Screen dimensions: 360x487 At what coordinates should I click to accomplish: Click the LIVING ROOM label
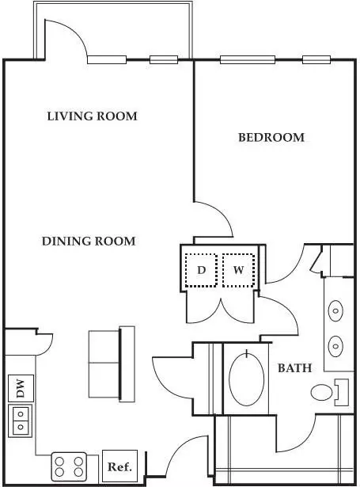(x=92, y=116)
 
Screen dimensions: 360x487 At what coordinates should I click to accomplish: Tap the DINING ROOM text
(x=89, y=242)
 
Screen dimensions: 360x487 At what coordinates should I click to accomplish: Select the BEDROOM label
(x=271, y=137)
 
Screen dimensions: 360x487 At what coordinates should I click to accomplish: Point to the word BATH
(x=294, y=368)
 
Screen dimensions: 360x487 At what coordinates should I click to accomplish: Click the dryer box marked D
(x=201, y=270)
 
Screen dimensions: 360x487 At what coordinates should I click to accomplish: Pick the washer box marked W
(x=238, y=270)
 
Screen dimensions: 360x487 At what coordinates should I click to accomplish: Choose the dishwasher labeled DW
(x=21, y=388)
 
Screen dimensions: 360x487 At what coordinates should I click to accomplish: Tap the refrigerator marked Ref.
(x=119, y=466)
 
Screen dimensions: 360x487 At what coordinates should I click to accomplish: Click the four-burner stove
(x=69, y=467)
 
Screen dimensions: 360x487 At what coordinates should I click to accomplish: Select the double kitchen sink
(x=21, y=420)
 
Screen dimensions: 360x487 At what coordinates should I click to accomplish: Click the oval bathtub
(x=246, y=378)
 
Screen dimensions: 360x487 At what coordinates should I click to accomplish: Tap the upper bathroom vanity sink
(x=335, y=310)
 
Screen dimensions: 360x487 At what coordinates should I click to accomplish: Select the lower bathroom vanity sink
(x=335, y=346)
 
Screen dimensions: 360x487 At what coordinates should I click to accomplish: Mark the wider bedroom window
(x=248, y=59)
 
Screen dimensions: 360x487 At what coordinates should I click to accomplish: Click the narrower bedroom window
(x=316, y=59)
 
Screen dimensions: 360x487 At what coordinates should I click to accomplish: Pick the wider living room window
(x=107, y=59)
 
